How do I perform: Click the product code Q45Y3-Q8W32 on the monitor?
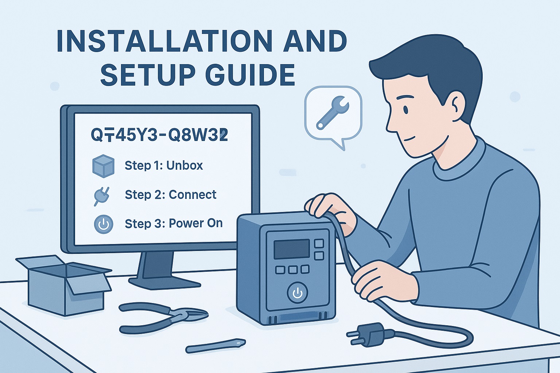coord(159,135)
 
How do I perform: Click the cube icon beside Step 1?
coord(104,166)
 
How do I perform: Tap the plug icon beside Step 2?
coord(102,195)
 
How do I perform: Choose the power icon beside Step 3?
coord(104,224)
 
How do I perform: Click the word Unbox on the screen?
coord(184,166)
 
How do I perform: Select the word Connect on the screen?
coord(192,195)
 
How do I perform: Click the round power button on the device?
coord(297,292)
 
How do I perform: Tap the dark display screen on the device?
coord(292,249)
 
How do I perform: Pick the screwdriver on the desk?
coord(215,346)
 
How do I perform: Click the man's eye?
coord(406,109)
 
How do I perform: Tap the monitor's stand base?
coord(164,283)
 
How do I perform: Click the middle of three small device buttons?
coord(293,270)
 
